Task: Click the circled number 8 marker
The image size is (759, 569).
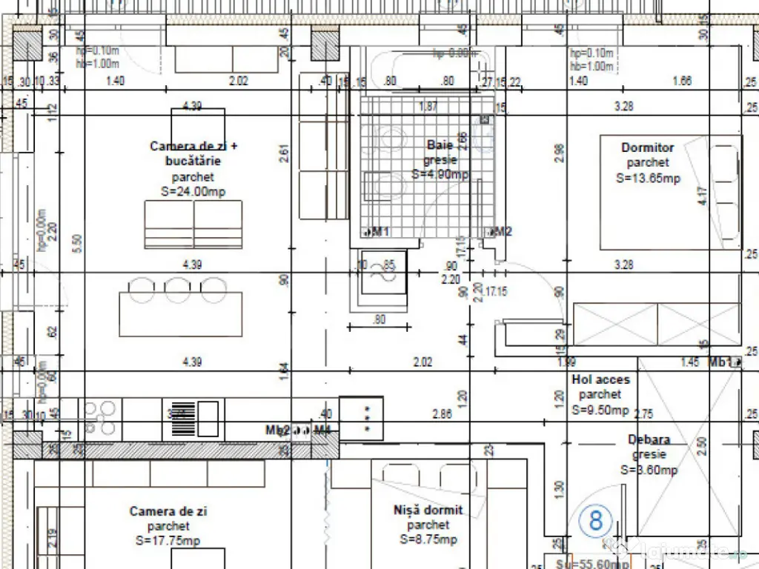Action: (596, 521)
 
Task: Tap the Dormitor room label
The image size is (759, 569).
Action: (648, 147)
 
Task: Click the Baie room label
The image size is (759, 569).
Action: (440, 145)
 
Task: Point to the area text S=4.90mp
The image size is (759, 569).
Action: (440, 175)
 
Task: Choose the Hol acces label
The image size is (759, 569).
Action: (600, 380)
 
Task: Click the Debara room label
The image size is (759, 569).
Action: (649, 440)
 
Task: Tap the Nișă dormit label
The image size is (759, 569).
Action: (428, 510)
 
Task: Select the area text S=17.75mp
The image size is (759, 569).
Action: (168, 541)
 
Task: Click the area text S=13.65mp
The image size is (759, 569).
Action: (648, 178)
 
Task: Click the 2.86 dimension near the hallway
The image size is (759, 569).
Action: (442, 414)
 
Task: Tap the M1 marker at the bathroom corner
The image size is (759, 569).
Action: (379, 232)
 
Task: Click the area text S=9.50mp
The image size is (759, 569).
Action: (600, 410)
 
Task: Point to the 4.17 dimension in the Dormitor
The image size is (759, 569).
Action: (703, 196)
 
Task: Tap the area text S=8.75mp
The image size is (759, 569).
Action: (428, 539)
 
